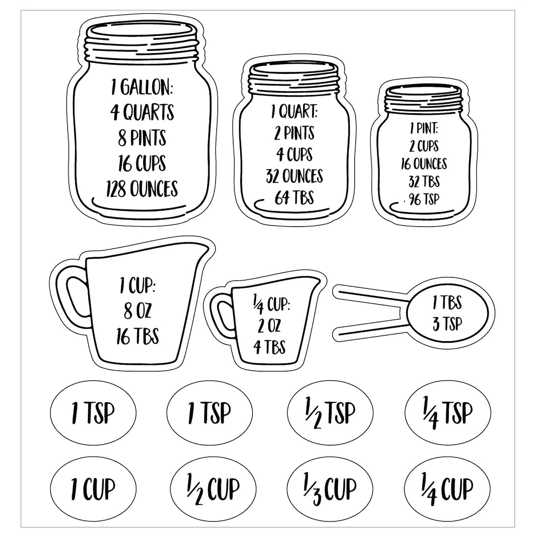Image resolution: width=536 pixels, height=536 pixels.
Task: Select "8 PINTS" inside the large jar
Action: click(142, 138)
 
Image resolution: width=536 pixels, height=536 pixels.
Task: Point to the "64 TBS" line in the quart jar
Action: click(294, 198)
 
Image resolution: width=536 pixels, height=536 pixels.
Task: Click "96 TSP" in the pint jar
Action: click(424, 199)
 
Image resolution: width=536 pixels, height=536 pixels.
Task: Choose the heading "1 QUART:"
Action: click(294, 112)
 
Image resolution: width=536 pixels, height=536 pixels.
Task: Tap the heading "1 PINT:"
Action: click(424, 128)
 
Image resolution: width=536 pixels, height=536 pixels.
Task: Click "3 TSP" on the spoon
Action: click(447, 324)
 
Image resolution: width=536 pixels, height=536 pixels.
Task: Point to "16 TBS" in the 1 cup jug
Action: click(137, 336)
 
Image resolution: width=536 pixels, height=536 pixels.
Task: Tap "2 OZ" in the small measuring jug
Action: click(269, 326)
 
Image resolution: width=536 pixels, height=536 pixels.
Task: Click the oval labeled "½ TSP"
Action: click(330, 413)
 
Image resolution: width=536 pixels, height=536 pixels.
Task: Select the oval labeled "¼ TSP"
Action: click(447, 413)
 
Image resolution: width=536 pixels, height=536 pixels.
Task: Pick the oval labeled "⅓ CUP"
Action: click(330, 488)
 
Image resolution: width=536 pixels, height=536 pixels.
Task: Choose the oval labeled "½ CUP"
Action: click(213, 488)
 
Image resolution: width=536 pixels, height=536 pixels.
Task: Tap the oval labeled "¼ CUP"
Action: click(447, 488)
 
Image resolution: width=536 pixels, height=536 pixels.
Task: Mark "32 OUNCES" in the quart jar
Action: click(294, 176)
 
